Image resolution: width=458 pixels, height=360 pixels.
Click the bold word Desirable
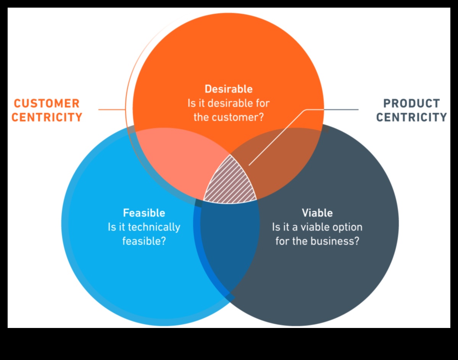click(228, 89)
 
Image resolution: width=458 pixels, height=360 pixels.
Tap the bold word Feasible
click(144, 213)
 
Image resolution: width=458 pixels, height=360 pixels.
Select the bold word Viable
click(317, 213)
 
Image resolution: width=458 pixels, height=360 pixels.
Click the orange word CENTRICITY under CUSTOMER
click(47, 117)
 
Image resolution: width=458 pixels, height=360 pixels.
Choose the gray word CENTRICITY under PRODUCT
click(411, 117)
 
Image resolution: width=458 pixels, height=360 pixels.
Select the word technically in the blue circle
click(155, 227)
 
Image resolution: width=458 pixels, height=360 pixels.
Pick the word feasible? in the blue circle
click(144, 241)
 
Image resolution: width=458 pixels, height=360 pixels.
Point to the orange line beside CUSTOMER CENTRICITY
click(111, 110)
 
